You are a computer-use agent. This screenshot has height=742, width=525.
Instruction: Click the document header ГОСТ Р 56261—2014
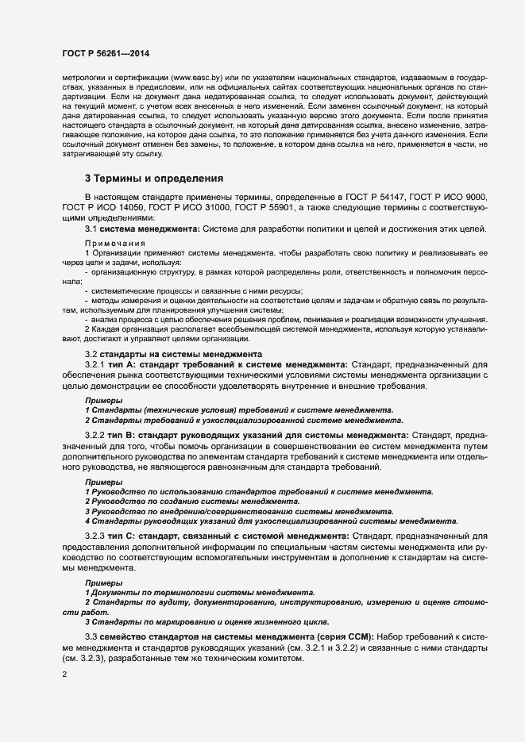coord(106,54)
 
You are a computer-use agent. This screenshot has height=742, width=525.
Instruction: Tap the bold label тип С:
coord(124,537)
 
